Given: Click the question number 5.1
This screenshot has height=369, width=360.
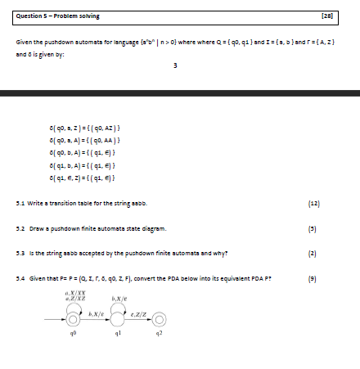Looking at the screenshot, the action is [21, 201].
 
